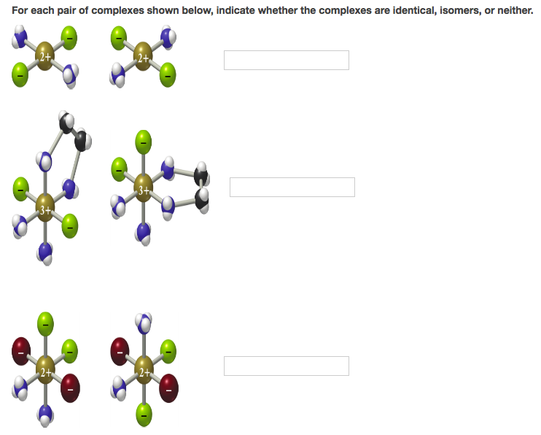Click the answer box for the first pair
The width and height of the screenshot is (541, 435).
point(286,60)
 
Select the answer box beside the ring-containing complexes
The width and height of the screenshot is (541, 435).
point(292,187)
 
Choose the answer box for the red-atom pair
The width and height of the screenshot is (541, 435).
point(286,366)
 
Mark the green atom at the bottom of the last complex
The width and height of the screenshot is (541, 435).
point(144,411)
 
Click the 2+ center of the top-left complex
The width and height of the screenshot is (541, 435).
point(45,56)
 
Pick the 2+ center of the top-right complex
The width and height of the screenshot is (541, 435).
point(143,57)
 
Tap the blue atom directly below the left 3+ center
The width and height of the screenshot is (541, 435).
point(45,252)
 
